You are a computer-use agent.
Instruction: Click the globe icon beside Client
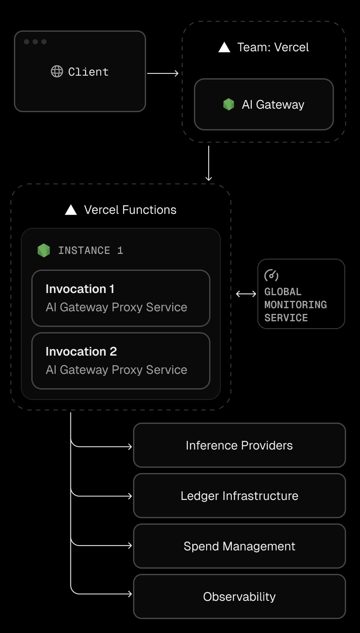[x=57, y=71]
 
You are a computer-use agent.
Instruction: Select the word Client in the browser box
[x=88, y=72]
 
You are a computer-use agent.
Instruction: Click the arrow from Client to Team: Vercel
[x=163, y=73]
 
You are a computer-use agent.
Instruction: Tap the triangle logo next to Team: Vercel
[x=224, y=47]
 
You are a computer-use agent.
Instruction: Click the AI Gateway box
[x=263, y=104]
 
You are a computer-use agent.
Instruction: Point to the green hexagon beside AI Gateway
[x=229, y=104]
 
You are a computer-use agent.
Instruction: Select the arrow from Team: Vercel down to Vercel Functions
[x=209, y=163]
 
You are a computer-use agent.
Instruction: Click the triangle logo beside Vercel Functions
[x=71, y=210]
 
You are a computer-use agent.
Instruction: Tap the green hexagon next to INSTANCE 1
[x=43, y=250]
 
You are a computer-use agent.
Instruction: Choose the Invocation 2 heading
[x=81, y=352]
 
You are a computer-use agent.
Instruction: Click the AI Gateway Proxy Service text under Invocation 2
[x=117, y=370]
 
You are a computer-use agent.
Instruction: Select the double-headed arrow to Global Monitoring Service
[x=246, y=294]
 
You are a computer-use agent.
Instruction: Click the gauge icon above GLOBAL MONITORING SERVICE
[x=271, y=275]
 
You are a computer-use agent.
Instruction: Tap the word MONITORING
[x=296, y=305]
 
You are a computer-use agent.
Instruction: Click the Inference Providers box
[x=239, y=446]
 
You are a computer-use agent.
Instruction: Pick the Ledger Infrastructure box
[x=239, y=496]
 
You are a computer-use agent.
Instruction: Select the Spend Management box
[x=239, y=546]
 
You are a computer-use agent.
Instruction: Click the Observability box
[x=239, y=597]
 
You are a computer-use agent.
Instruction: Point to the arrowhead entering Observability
[x=130, y=593]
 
